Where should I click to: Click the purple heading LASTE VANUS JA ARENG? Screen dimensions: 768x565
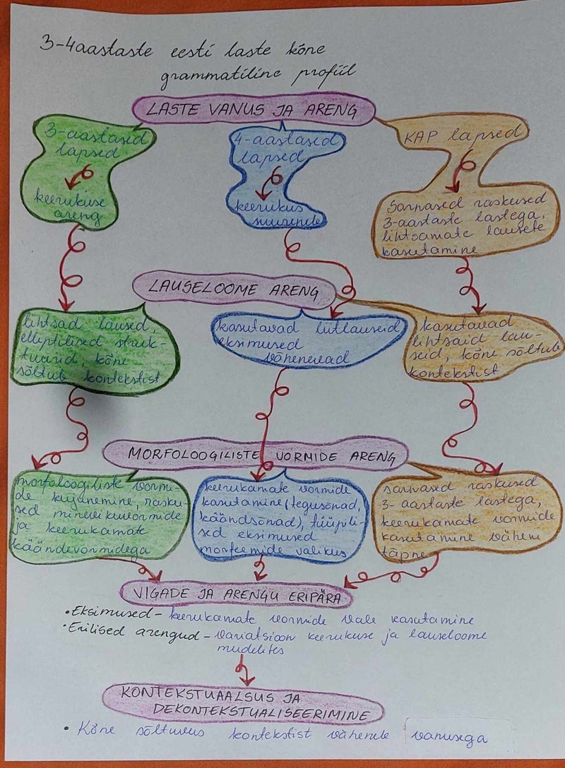pyautogui.click(x=252, y=110)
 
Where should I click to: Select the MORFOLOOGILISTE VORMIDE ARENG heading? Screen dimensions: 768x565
pyautogui.click(x=256, y=455)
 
